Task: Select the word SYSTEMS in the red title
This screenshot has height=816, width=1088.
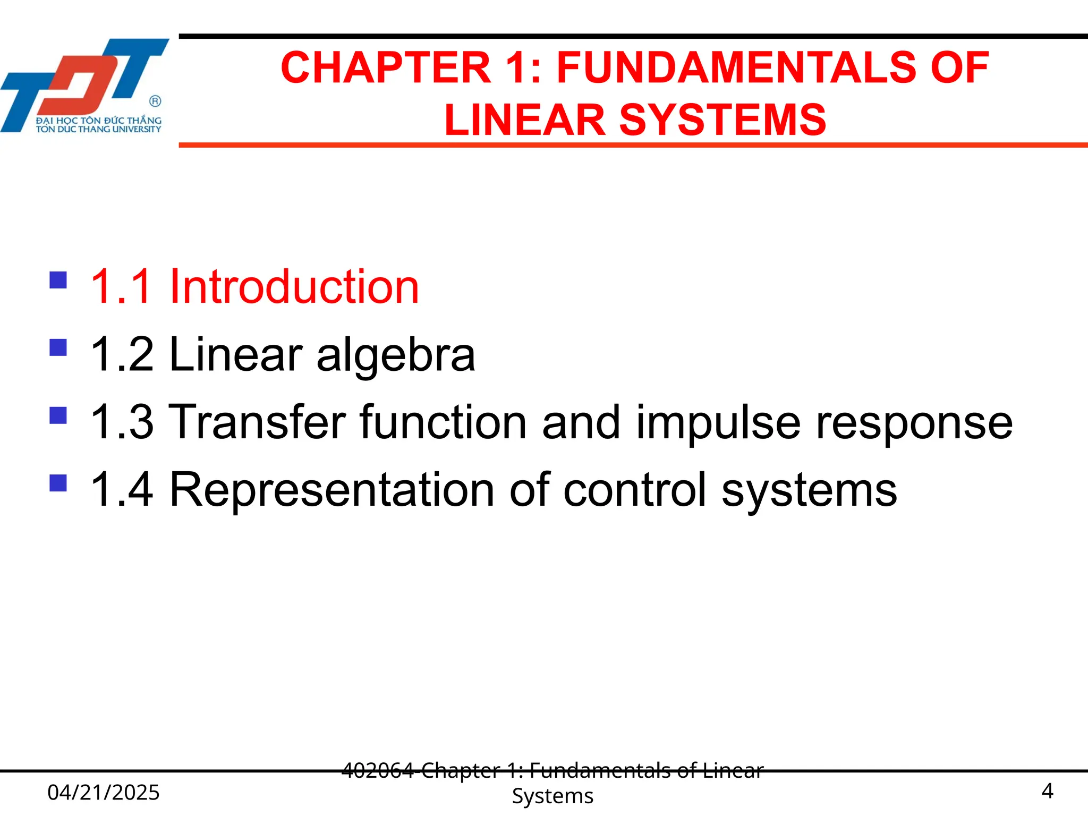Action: coord(722,120)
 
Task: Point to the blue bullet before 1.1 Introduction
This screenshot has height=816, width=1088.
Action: coord(58,280)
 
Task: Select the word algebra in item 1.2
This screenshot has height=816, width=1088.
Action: coord(396,354)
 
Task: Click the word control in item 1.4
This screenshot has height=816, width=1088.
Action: coord(635,489)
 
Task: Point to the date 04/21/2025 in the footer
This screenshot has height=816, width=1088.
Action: coord(104,792)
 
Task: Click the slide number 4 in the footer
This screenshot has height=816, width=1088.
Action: coord(1047,791)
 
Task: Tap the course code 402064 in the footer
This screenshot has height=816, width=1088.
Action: coord(378,770)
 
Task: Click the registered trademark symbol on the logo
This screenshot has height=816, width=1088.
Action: coord(155,101)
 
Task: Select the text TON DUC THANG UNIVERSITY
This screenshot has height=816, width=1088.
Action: coord(99,129)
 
